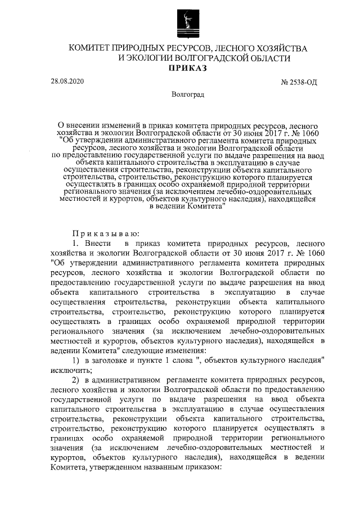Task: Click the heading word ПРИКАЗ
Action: click(x=188, y=69)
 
